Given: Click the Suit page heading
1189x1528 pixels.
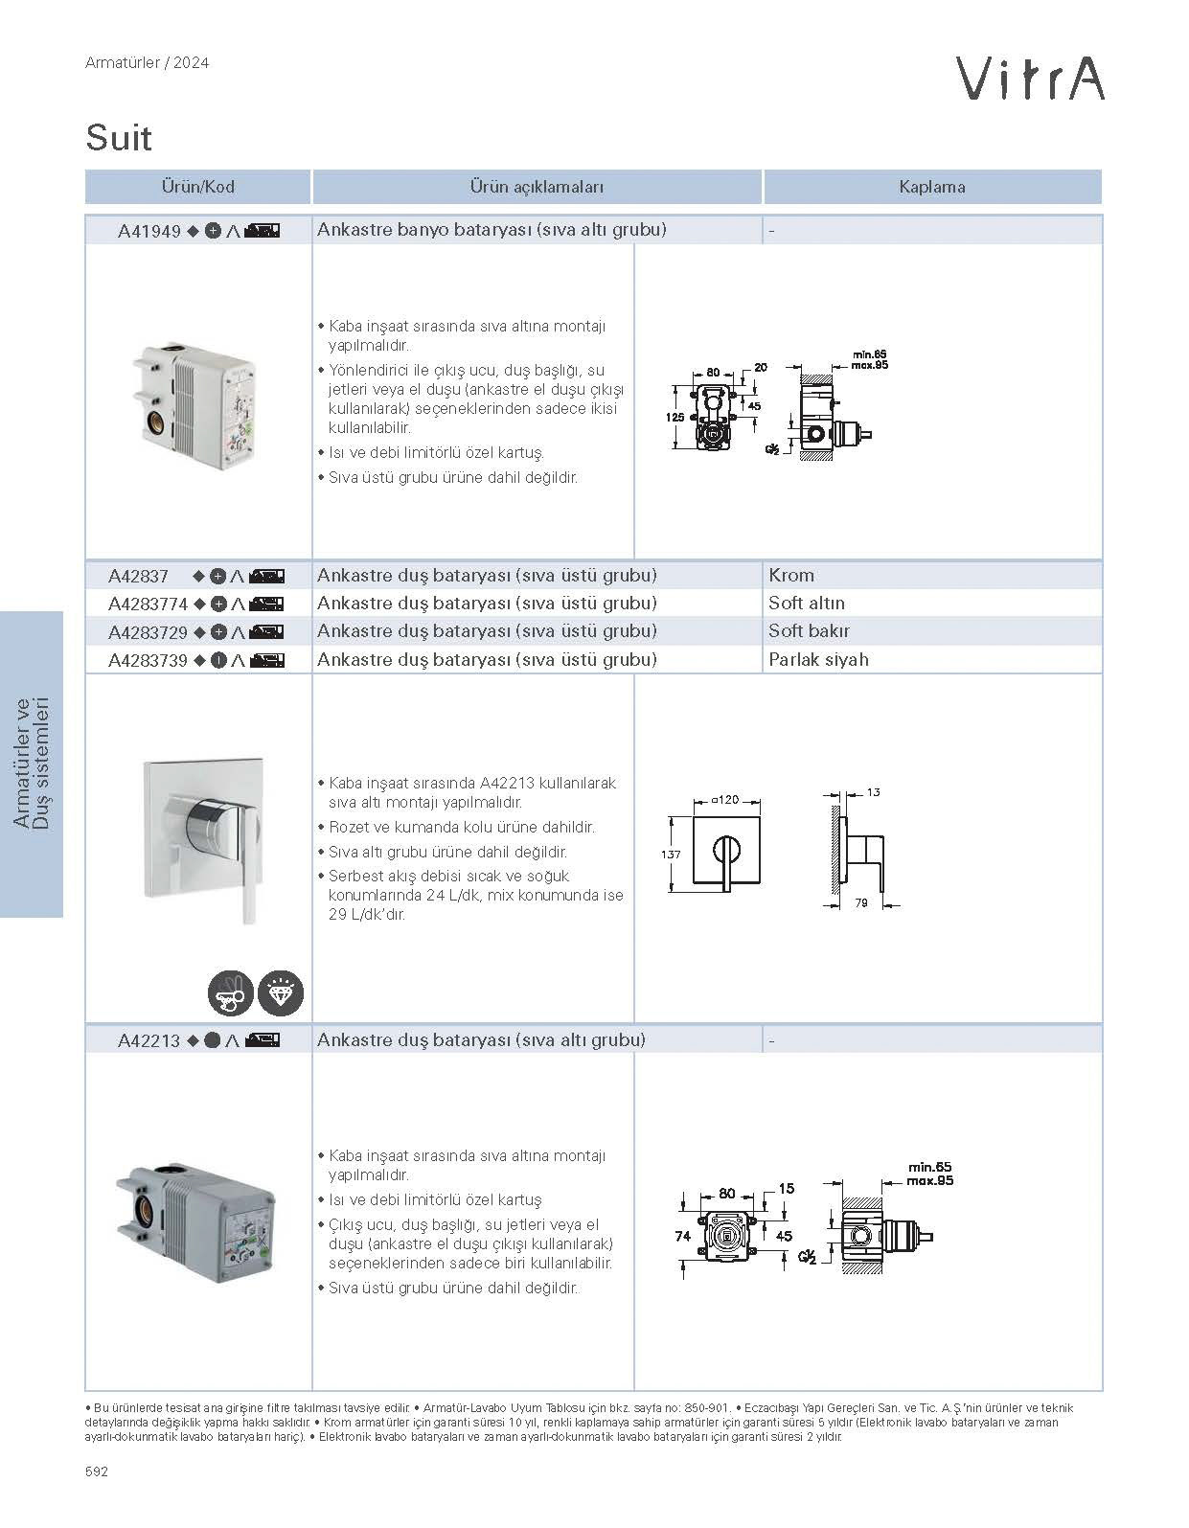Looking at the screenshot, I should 119,138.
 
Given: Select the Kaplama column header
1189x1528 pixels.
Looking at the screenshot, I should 931,187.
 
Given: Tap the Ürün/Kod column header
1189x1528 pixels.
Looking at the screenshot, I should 197,187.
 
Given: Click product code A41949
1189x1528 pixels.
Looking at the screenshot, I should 149,231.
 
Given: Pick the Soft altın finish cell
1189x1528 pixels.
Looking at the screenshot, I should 807,604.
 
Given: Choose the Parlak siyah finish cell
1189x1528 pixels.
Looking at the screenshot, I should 818,659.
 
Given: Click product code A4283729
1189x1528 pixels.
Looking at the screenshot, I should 148,632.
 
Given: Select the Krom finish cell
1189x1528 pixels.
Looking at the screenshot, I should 791,576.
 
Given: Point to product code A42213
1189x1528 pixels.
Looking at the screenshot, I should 149,1040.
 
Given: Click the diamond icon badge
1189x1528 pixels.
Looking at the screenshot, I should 281,993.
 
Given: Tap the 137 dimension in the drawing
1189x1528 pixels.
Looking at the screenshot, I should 671,855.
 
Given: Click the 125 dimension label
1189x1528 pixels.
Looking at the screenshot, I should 675,417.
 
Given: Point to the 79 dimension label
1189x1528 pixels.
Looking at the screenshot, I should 860,902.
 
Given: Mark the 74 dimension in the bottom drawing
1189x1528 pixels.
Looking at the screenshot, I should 682,1236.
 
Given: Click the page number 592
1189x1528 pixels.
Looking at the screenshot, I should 97,1471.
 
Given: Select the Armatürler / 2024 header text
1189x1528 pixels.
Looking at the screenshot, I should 147,63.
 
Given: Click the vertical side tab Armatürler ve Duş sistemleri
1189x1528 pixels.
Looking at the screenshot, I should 31,764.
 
